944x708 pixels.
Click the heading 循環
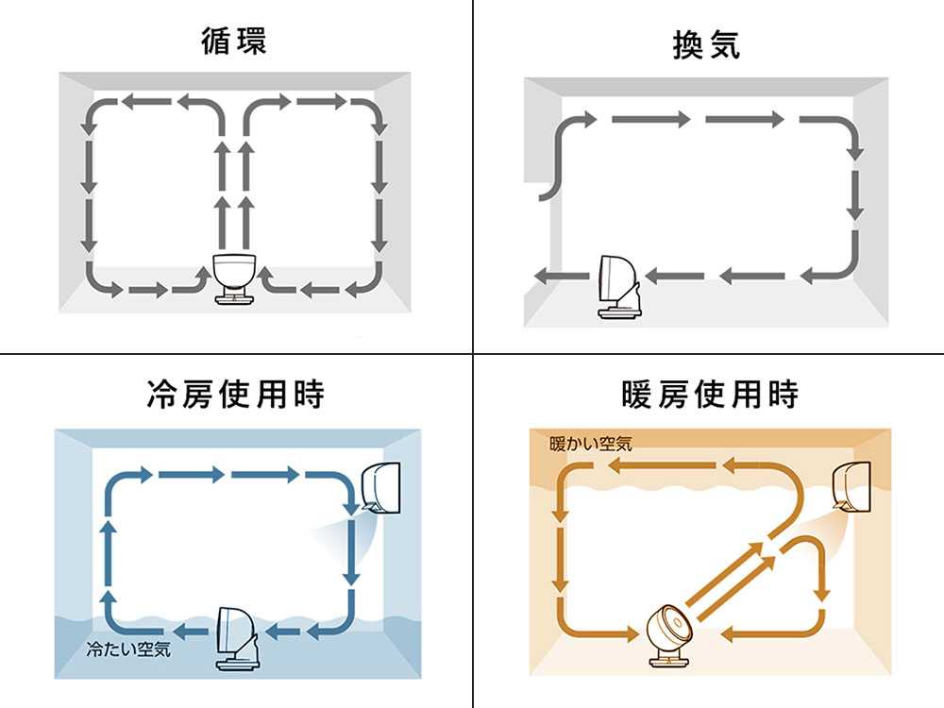pos(234,42)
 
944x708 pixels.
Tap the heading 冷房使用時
pos(235,394)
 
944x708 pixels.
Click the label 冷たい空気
pos(128,649)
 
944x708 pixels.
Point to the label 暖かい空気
pos(591,444)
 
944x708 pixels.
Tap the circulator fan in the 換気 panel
pos(618,284)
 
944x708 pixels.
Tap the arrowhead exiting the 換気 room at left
pos(542,276)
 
